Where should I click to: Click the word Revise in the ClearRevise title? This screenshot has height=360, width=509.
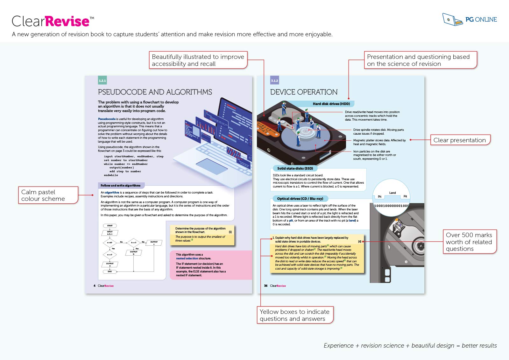[x=67, y=21]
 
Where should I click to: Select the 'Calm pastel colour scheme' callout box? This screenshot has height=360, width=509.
[x=48, y=195]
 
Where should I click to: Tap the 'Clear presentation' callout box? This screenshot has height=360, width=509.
[x=460, y=140]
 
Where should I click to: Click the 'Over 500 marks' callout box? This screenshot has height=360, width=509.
[x=469, y=242]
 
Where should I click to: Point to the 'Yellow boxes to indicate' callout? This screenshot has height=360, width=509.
[x=294, y=315]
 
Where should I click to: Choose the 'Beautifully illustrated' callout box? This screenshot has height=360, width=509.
[x=198, y=60]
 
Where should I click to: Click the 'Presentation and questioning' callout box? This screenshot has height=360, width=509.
[x=420, y=60]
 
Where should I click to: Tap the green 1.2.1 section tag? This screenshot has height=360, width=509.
[x=102, y=81]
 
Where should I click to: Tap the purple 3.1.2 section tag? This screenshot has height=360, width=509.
[x=274, y=81]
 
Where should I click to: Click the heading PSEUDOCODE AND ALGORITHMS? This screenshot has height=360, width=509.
[x=155, y=92]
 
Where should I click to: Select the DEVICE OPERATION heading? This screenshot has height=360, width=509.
[x=304, y=92]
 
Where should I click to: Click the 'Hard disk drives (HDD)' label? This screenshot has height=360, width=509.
[x=331, y=104]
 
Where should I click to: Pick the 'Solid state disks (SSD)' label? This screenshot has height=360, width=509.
[x=295, y=168]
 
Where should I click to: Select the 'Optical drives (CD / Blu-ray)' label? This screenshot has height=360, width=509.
[x=300, y=199]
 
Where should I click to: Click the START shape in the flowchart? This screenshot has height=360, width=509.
[x=110, y=226]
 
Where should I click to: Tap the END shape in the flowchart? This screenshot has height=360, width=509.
[x=110, y=272]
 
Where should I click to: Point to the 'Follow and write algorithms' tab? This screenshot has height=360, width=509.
[x=121, y=186]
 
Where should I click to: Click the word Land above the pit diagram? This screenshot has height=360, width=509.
[x=392, y=193]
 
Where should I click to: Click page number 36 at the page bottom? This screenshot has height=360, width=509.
[x=266, y=286]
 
